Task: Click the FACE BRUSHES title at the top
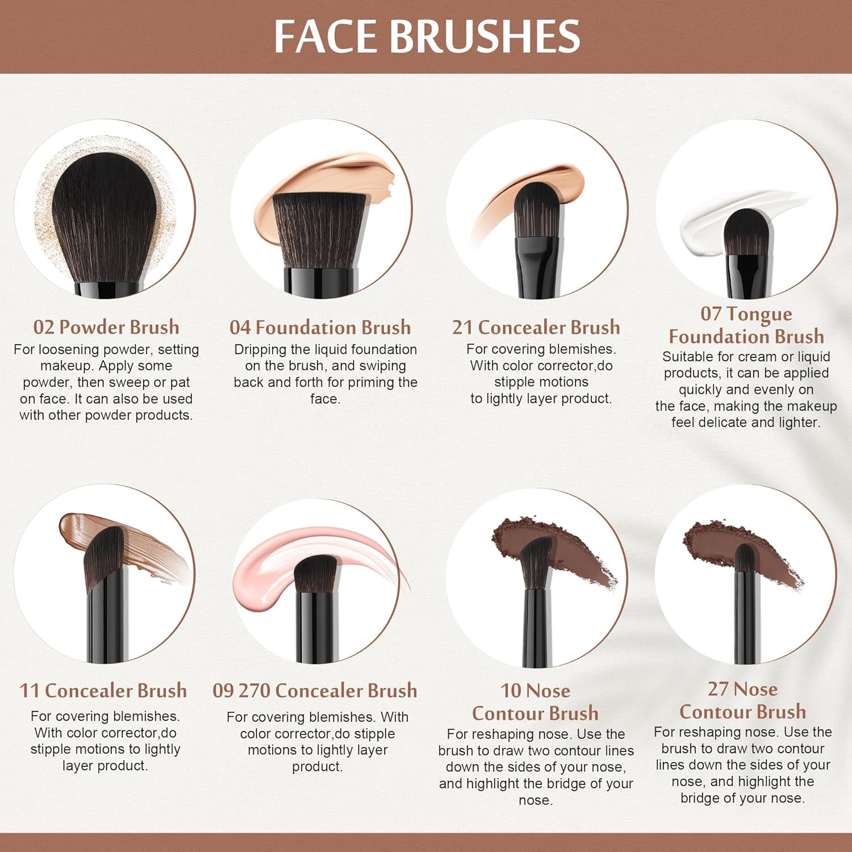(427, 36)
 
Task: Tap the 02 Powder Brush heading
(106, 327)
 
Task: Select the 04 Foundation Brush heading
(320, 327)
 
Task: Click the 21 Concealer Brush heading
(536, 327)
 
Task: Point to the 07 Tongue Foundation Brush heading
(746, 325)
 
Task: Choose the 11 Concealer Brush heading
(103, 690)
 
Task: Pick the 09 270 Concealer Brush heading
(315, 690)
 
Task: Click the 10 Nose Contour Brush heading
(535, 701)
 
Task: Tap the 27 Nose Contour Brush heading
(743, 700)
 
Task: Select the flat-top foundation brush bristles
(319, 230)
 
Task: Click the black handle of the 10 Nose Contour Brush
(536, 630)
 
